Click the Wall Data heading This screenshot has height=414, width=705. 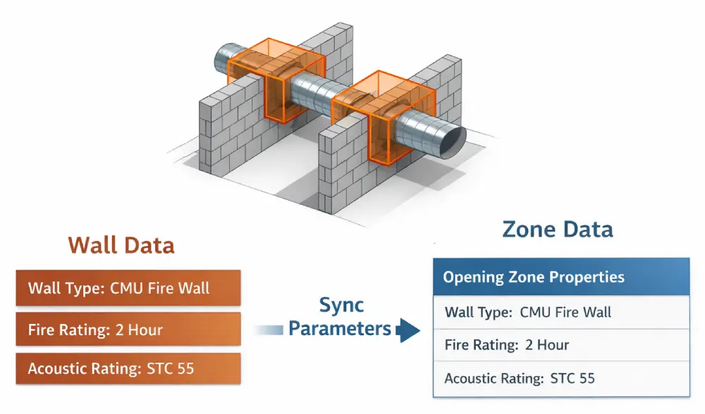tap(121, 246)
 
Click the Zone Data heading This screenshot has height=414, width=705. tap(558, 229)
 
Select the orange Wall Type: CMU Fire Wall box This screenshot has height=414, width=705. tap(128, 288)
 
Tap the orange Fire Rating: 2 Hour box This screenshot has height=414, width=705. tap(128, 329)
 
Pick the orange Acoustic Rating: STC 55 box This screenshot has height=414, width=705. tap(128, 369)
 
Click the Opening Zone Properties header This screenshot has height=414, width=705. tap(560, 277)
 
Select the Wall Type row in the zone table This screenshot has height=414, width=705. tap(560, 312)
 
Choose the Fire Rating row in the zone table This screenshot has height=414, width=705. tap(560, 345)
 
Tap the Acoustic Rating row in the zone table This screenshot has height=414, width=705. tap(560, 379)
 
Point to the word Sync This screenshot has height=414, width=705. tap(341, 305)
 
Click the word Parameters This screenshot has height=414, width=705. tap(340, 329)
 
